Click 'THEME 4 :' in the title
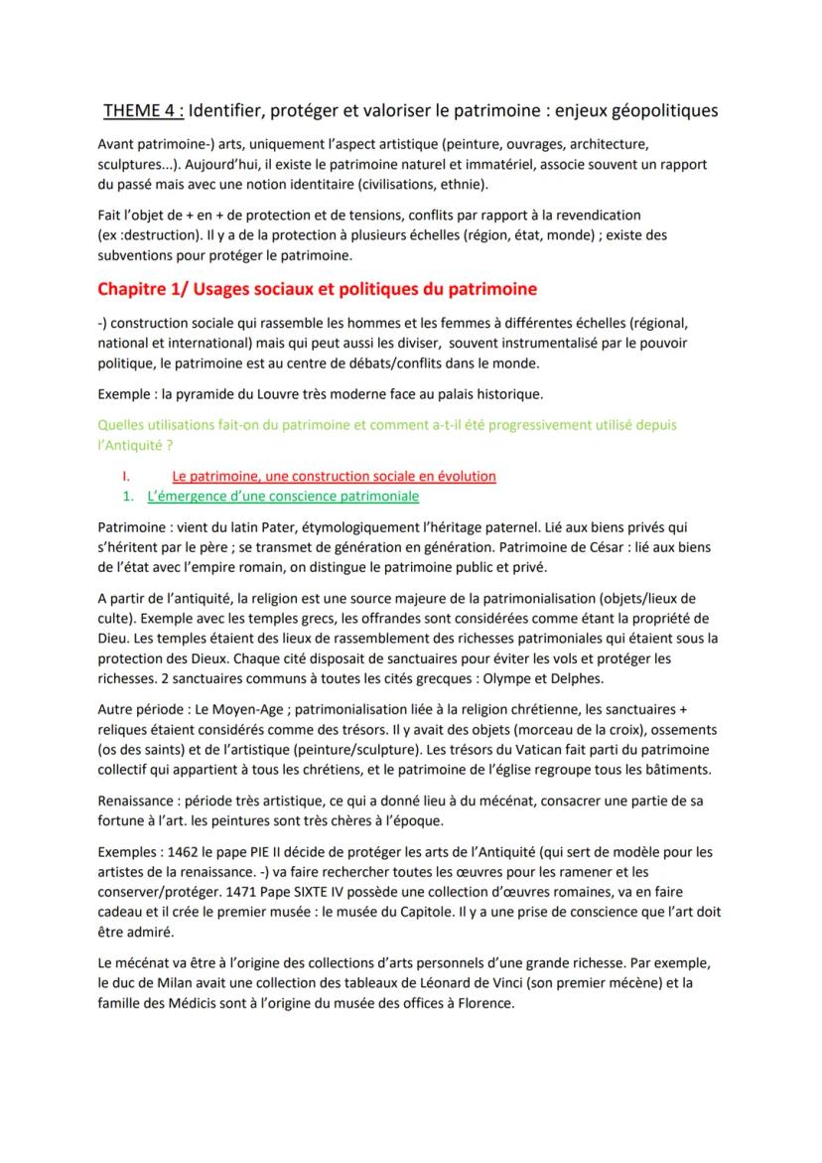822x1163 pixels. pos(143,109)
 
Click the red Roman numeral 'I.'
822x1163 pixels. pos(127,476)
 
